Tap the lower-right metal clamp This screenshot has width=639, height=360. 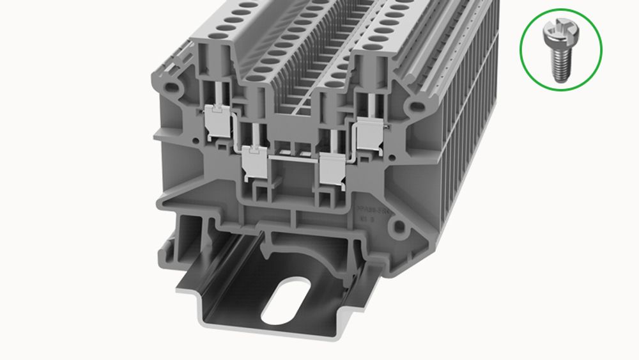coord(332,167)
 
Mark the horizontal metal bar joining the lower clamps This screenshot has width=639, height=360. coord(293,155)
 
